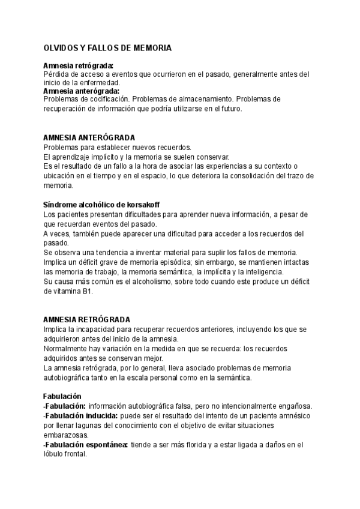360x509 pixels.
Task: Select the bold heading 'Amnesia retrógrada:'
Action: coord(79,66)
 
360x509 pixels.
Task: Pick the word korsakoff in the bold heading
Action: coord(143,205)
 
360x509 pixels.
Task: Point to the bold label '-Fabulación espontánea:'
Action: coord(85,445)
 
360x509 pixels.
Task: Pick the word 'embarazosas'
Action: coord(66,435)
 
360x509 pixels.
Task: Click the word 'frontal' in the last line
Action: coord(75,454)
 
